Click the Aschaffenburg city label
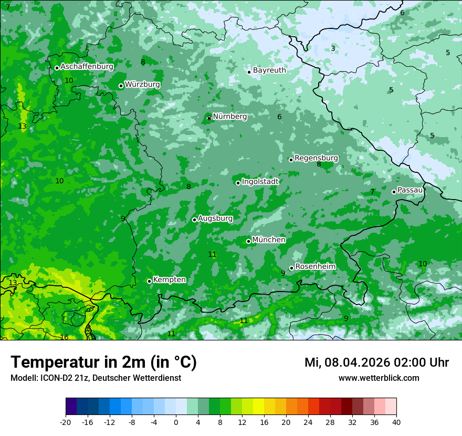pyautogui.click(x=87, y=67)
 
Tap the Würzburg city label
pyautogui.click(x=142, y=85)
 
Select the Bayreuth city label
pyautogui.click(x=269, y=70)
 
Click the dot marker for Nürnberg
pyautogui.click(x=209, y=118)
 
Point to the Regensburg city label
pyautogui.click(x=316, y=158)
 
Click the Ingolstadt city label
pyautogui.click(x=260, y=182)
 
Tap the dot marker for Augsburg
pyautogui.click(x=194, y=220)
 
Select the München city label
pyautogui.click(x=269, y=240)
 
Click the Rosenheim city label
pyautogui.click(x=315, y=267)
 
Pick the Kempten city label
pyautogui.click(x=169, y=280)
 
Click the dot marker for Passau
pyautogui.click(x=394, y=192)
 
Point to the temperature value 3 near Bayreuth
pyautogui.click(x=333, y=48)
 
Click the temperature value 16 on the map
pyautogui.click(x=64, y=337)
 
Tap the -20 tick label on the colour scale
pyautogui.click(x=65, y=422)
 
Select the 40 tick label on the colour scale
pyautogui.click(x=396, y=422)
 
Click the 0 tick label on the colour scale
pyautogui.click(x=176, y=422)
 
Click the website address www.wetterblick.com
pyautogui.click(x=379, y=378)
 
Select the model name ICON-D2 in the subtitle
pyautogui.click(x=54, y=378)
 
